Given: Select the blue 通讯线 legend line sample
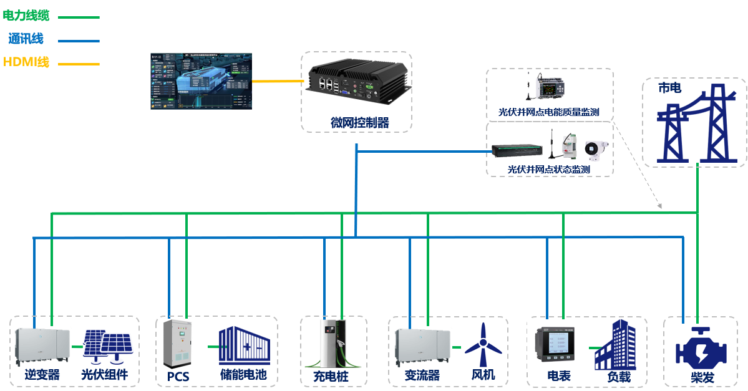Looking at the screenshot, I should click(x=79, y=41).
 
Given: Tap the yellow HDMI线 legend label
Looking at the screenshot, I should click(x=26, y=62).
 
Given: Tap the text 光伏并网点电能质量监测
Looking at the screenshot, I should click(x=549, y=113).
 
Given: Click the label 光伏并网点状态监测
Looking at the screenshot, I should click(x=549, y=169).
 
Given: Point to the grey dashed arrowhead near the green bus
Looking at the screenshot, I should click(x=659, y=206).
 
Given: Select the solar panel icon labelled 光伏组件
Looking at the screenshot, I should click(x=107, y=348).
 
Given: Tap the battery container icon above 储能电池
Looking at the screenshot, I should click(x=245, y=345).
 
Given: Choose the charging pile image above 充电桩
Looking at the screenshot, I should click(x=333, y=345).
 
